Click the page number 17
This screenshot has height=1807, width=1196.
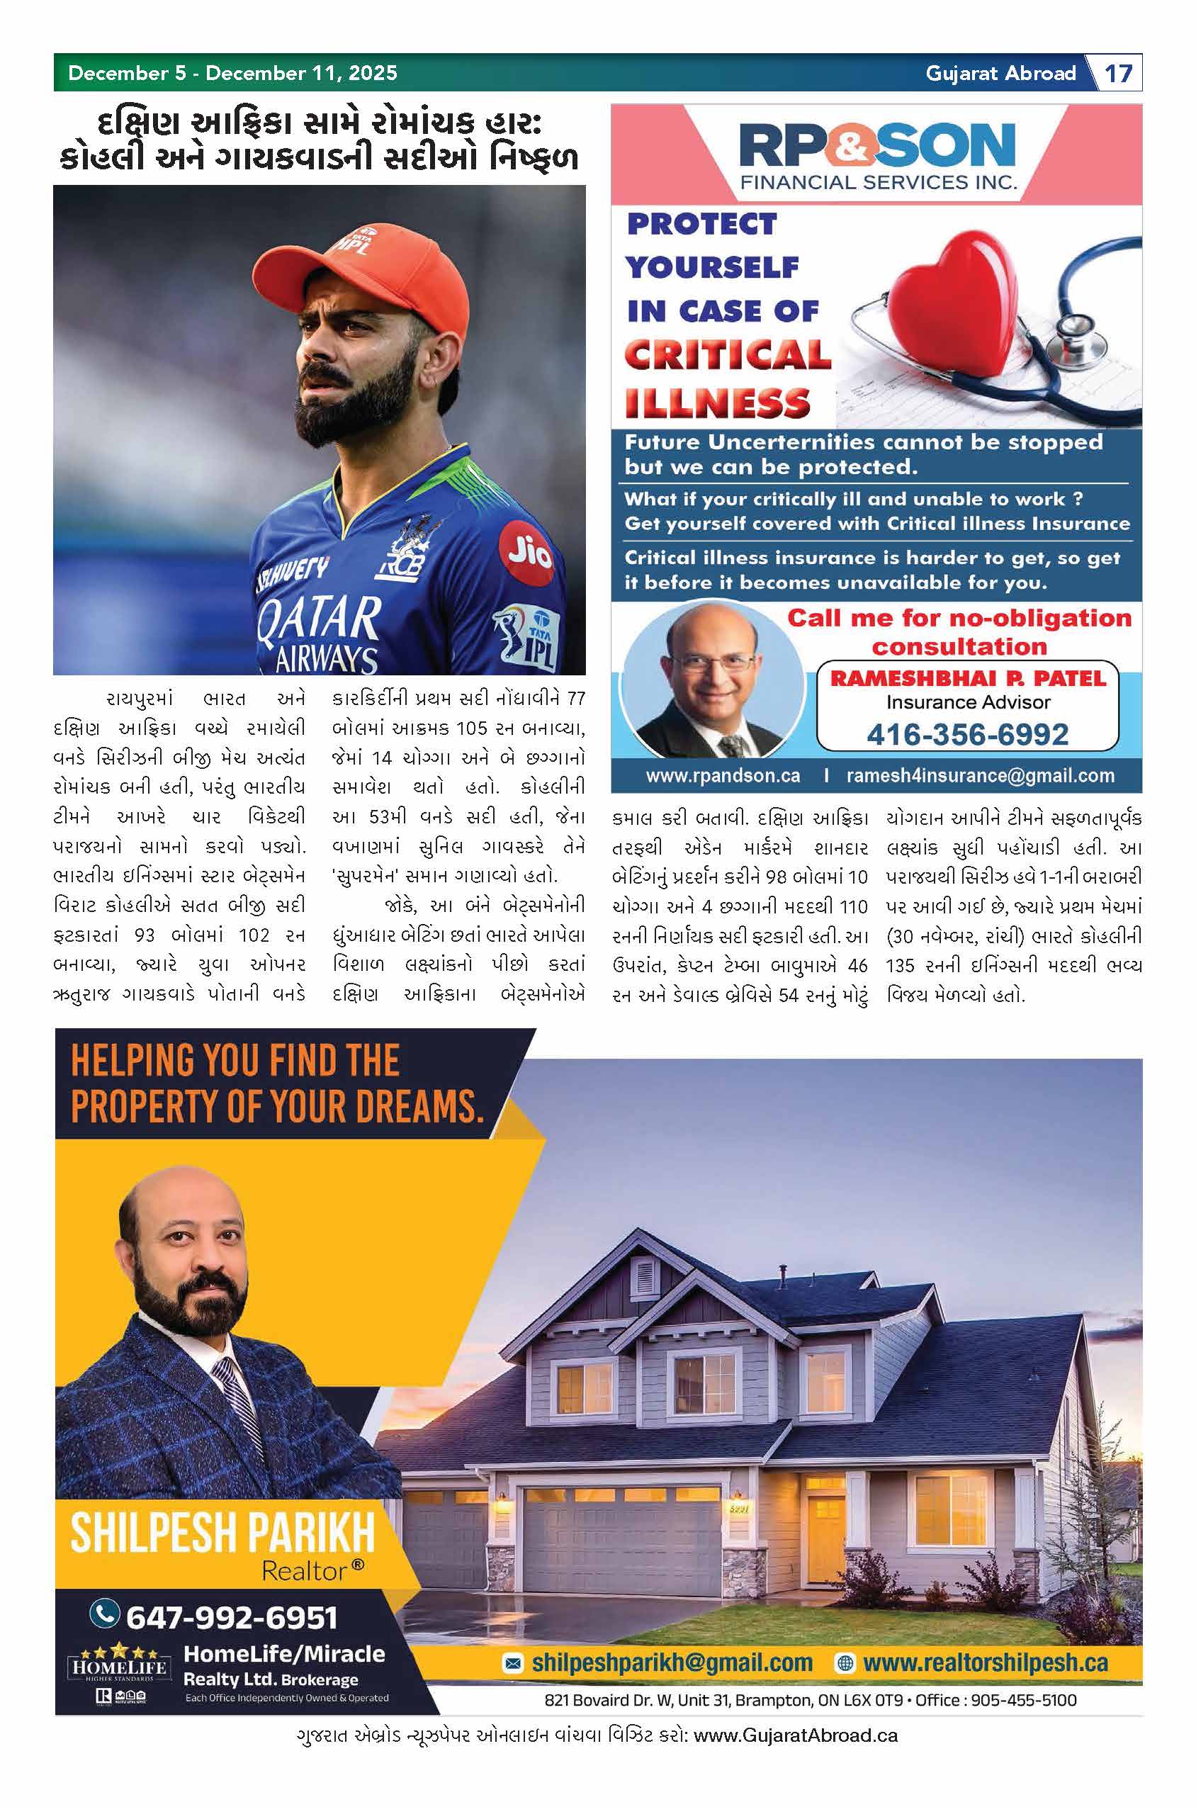(x=1118, y=73)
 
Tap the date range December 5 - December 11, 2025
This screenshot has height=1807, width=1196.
(x=232, y=73)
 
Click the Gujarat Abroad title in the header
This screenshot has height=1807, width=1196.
(x=1000, y=73)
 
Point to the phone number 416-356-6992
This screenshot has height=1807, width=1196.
(x=967, y=734)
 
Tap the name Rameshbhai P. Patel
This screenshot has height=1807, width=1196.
(x=967, y=678)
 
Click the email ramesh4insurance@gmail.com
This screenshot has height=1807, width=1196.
(x=980, y=776)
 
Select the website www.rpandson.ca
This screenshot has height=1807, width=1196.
(x=722, y=776)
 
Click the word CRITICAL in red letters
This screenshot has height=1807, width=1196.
(x=727, y=355)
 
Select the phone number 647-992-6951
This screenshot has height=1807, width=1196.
(x=231, y=1616)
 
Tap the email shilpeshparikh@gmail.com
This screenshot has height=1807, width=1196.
(x=671, y=1663)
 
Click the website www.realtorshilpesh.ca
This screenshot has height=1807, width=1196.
(x=985, y=1663)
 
